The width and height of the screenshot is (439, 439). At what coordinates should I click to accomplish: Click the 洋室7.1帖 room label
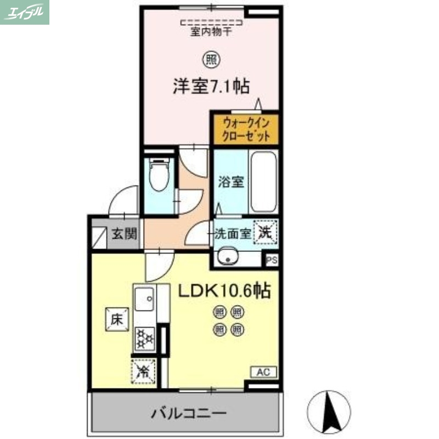coord(212,86)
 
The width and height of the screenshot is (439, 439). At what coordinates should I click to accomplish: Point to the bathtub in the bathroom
coord(263,182)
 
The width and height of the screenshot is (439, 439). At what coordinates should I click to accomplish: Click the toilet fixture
coord(159,174)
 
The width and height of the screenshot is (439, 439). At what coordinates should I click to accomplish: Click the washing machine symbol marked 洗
coord(266,232)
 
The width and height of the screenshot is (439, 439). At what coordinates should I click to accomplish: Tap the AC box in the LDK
coord(263,372)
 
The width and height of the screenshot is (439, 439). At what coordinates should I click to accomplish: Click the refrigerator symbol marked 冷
coord(143,372)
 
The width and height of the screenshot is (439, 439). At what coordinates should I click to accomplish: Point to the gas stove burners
coord(144,337)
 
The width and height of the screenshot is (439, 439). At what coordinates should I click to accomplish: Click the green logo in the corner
coord(25,12)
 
